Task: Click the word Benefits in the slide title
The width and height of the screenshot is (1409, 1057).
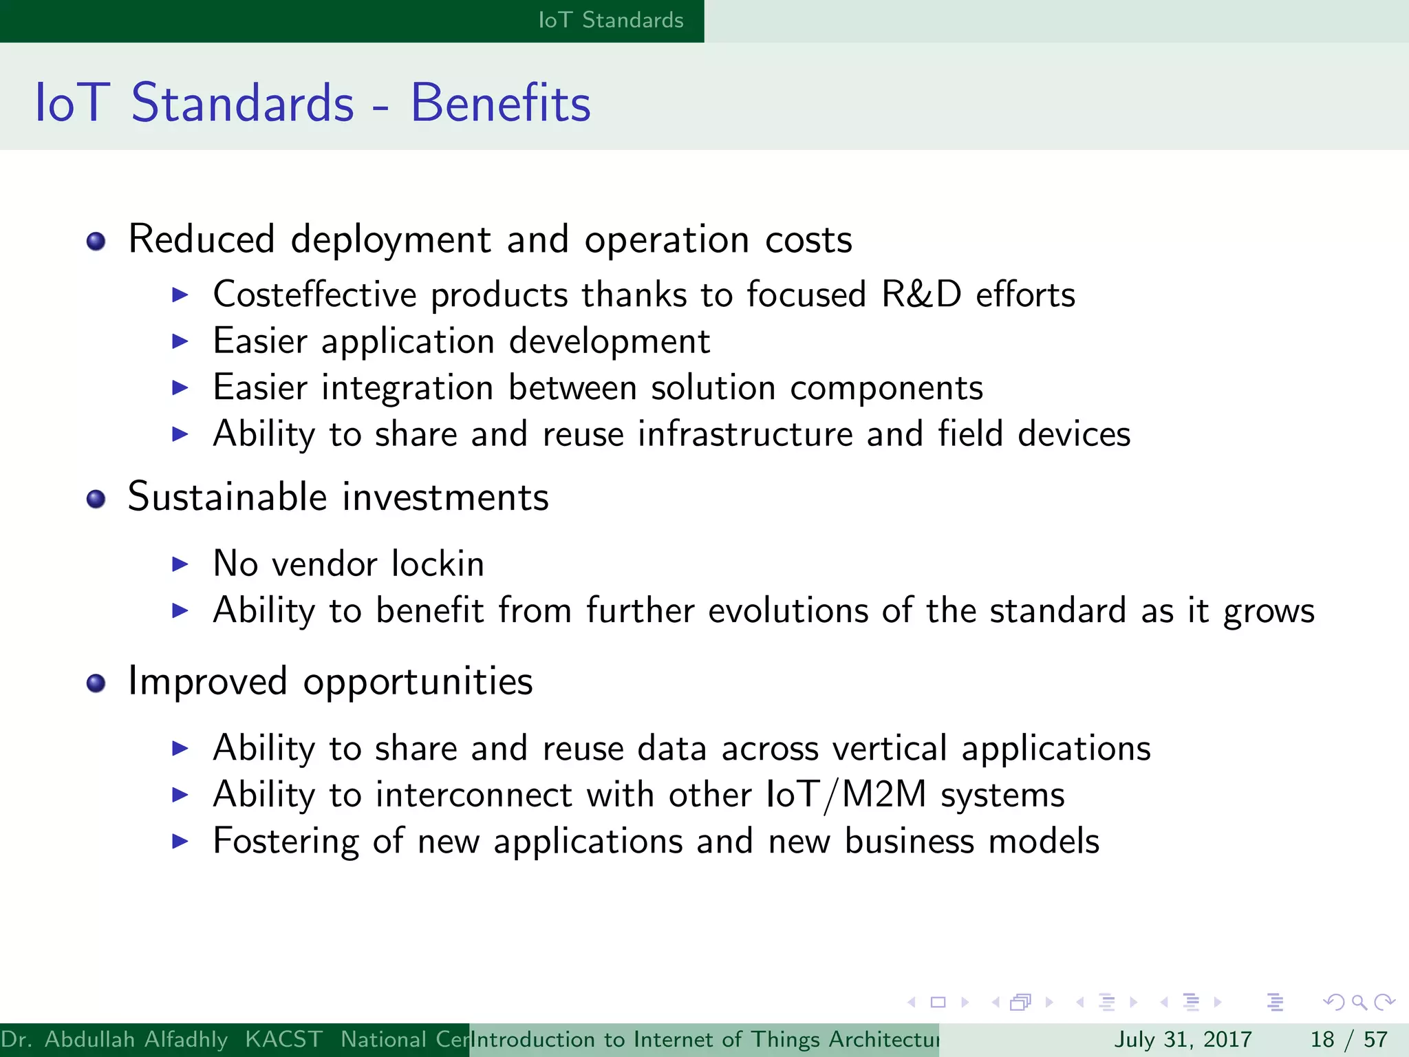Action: click(500, 103)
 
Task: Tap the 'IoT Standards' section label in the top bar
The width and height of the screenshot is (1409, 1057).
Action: click(610, 20)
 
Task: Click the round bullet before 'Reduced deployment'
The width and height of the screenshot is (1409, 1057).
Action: click(96, 242)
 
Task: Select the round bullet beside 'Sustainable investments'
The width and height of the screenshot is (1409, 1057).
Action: click(96, 499)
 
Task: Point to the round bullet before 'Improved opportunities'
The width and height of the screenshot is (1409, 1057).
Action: click(96, 683)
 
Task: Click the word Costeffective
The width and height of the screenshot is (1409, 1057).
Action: click(314, 295)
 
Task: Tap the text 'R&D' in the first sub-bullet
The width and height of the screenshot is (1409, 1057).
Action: click(921, 295)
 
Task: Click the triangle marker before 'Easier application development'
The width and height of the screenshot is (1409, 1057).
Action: click(180, 341)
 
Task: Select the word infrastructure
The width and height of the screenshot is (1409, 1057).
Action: click(744, 434)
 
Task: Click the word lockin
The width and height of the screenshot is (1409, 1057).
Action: click(438, 564)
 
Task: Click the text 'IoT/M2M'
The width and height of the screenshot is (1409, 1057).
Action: click(846, 795)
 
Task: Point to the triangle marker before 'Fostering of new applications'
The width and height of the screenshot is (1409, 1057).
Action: click(180, 841)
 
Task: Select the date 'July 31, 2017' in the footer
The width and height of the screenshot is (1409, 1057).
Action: click(1183, 1039)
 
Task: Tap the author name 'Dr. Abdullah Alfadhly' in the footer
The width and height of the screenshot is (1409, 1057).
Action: click(114, 1039)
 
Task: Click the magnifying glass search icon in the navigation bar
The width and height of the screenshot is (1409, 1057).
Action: click(1359, 1003)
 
